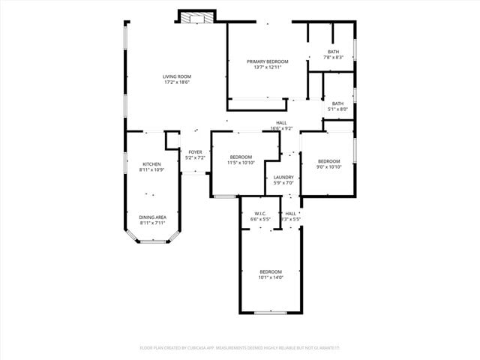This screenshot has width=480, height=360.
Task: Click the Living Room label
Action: point(177,76)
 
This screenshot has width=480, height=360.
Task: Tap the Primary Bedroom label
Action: point(267,61)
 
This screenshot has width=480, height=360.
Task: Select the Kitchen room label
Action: point(151,163)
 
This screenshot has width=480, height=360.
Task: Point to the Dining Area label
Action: point(152,217)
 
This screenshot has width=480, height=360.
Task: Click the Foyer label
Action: point(195,152)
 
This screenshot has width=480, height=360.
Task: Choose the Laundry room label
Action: point(283,178)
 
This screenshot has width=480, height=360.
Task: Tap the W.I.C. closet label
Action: point(260,214)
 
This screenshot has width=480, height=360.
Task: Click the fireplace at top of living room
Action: point(196,16)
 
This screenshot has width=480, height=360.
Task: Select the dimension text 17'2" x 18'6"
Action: point(177,82)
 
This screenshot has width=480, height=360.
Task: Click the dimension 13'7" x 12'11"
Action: point(267,67)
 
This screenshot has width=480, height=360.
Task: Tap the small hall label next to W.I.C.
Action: point(291,216)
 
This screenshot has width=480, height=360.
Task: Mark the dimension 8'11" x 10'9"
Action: point(151,169)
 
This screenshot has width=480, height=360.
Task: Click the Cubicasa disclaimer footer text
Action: point(240,347)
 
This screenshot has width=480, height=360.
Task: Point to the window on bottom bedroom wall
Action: point(270,312)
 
